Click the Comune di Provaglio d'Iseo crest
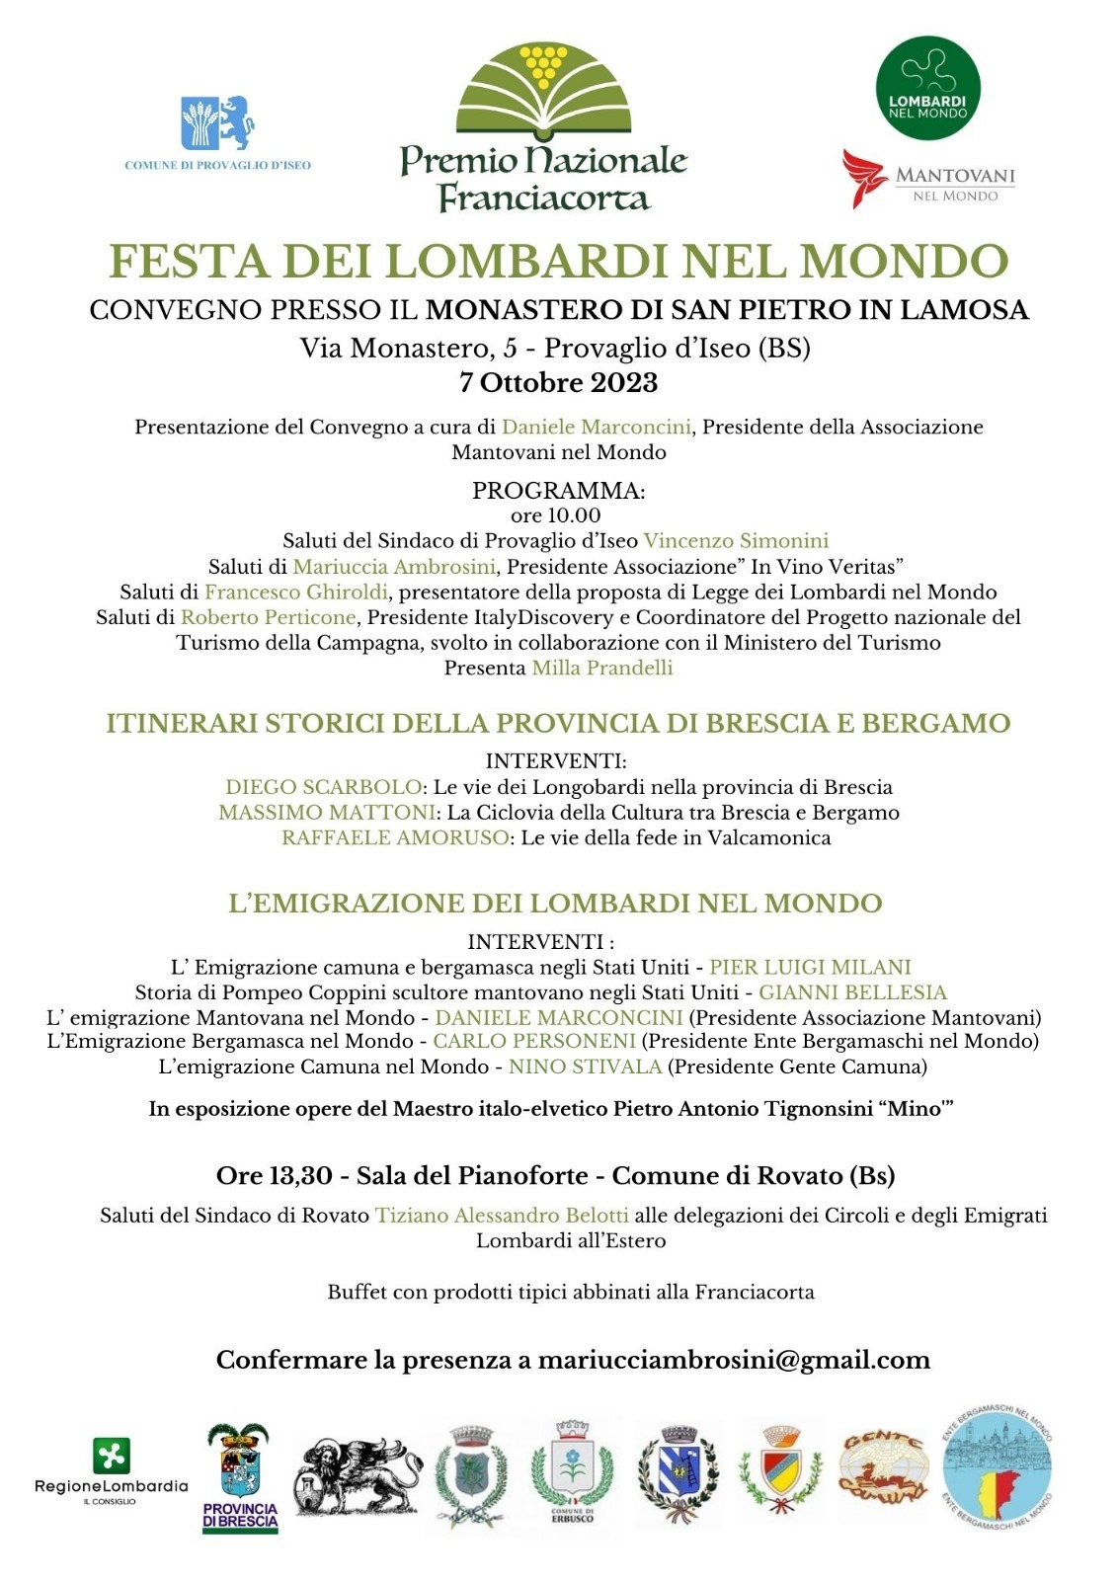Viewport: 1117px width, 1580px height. coord(217,122)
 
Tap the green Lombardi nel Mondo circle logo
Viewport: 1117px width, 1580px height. coord(927,88)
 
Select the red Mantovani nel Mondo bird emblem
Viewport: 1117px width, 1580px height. coord(864,178)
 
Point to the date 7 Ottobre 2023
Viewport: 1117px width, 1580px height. coord(558,382)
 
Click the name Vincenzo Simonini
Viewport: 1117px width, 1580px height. coord(736,540)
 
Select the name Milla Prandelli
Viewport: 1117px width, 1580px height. coord(602,668)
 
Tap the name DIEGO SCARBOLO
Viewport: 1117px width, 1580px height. coord(323,787)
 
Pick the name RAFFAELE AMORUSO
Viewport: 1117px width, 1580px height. coord(395,837)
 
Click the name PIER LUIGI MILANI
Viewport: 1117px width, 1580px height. coord(810,967)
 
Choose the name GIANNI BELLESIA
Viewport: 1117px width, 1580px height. coord(852,991)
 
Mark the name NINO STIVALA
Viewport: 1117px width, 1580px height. coord(585,1066)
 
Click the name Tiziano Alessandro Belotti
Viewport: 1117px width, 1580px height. coord(502,1215)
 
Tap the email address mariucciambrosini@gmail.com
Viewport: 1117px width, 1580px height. coord(734,1360)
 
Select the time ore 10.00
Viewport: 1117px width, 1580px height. coord(556,514)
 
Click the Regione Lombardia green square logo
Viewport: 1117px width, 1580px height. coord(111,1456)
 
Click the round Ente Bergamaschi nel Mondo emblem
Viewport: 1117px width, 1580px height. coord(997,1468)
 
